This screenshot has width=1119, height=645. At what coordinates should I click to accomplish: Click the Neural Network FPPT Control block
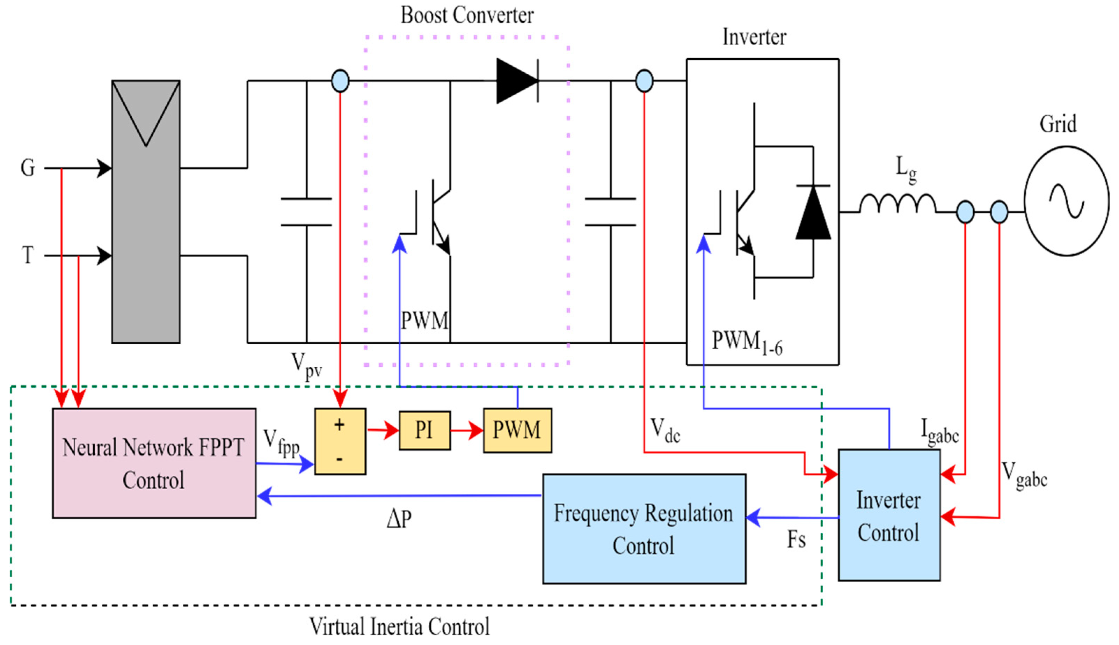point(154,463)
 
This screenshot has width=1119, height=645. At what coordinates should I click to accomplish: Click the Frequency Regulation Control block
point(644,528)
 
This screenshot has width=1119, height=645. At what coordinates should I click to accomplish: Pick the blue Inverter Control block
point(888,515)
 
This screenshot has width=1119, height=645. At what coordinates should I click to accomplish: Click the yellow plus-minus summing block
point(340,441)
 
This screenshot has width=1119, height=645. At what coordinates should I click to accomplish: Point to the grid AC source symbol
point(1066,201)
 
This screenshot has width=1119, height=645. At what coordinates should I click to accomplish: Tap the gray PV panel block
point(146,212)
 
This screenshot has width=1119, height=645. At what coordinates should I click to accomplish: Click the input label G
point(28,168)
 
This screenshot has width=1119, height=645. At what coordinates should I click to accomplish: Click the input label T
point(28,256)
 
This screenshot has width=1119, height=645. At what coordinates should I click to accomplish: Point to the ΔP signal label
point(399,519)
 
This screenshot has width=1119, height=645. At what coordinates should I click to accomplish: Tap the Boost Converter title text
point(467,15)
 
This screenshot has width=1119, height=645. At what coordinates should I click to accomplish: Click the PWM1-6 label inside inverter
point(747,343)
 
